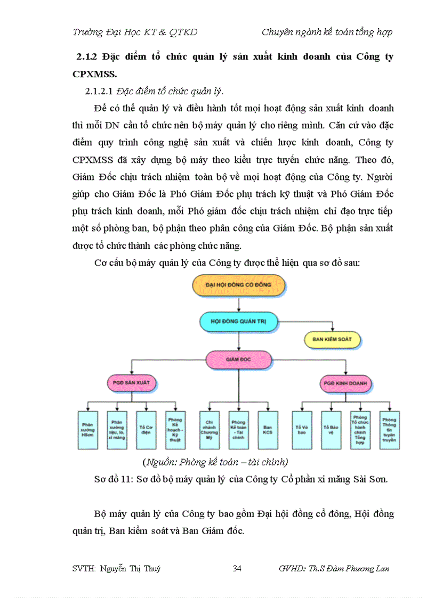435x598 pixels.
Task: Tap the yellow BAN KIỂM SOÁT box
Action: coord(332,339)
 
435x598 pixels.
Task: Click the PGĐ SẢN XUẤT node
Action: coord(131,383)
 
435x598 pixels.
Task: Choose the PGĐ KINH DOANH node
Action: coord(345,383)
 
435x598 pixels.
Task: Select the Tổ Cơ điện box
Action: coord(145,430)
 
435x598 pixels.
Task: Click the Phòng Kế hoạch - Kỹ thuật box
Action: coord(174,430)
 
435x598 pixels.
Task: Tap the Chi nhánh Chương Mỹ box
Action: coord(209,430)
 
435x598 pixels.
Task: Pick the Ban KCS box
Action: coord(268,430)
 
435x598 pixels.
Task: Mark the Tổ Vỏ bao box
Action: coord(302,430)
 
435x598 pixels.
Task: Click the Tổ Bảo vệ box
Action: coord(331,430)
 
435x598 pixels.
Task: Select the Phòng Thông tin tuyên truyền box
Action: coord(389,430)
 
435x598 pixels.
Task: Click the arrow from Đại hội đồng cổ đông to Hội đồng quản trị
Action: coord(238,303)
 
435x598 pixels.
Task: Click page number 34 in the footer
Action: coord(238,569)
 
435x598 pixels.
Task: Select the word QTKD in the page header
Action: coord(183,32)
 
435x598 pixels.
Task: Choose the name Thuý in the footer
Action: coord(151,569)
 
